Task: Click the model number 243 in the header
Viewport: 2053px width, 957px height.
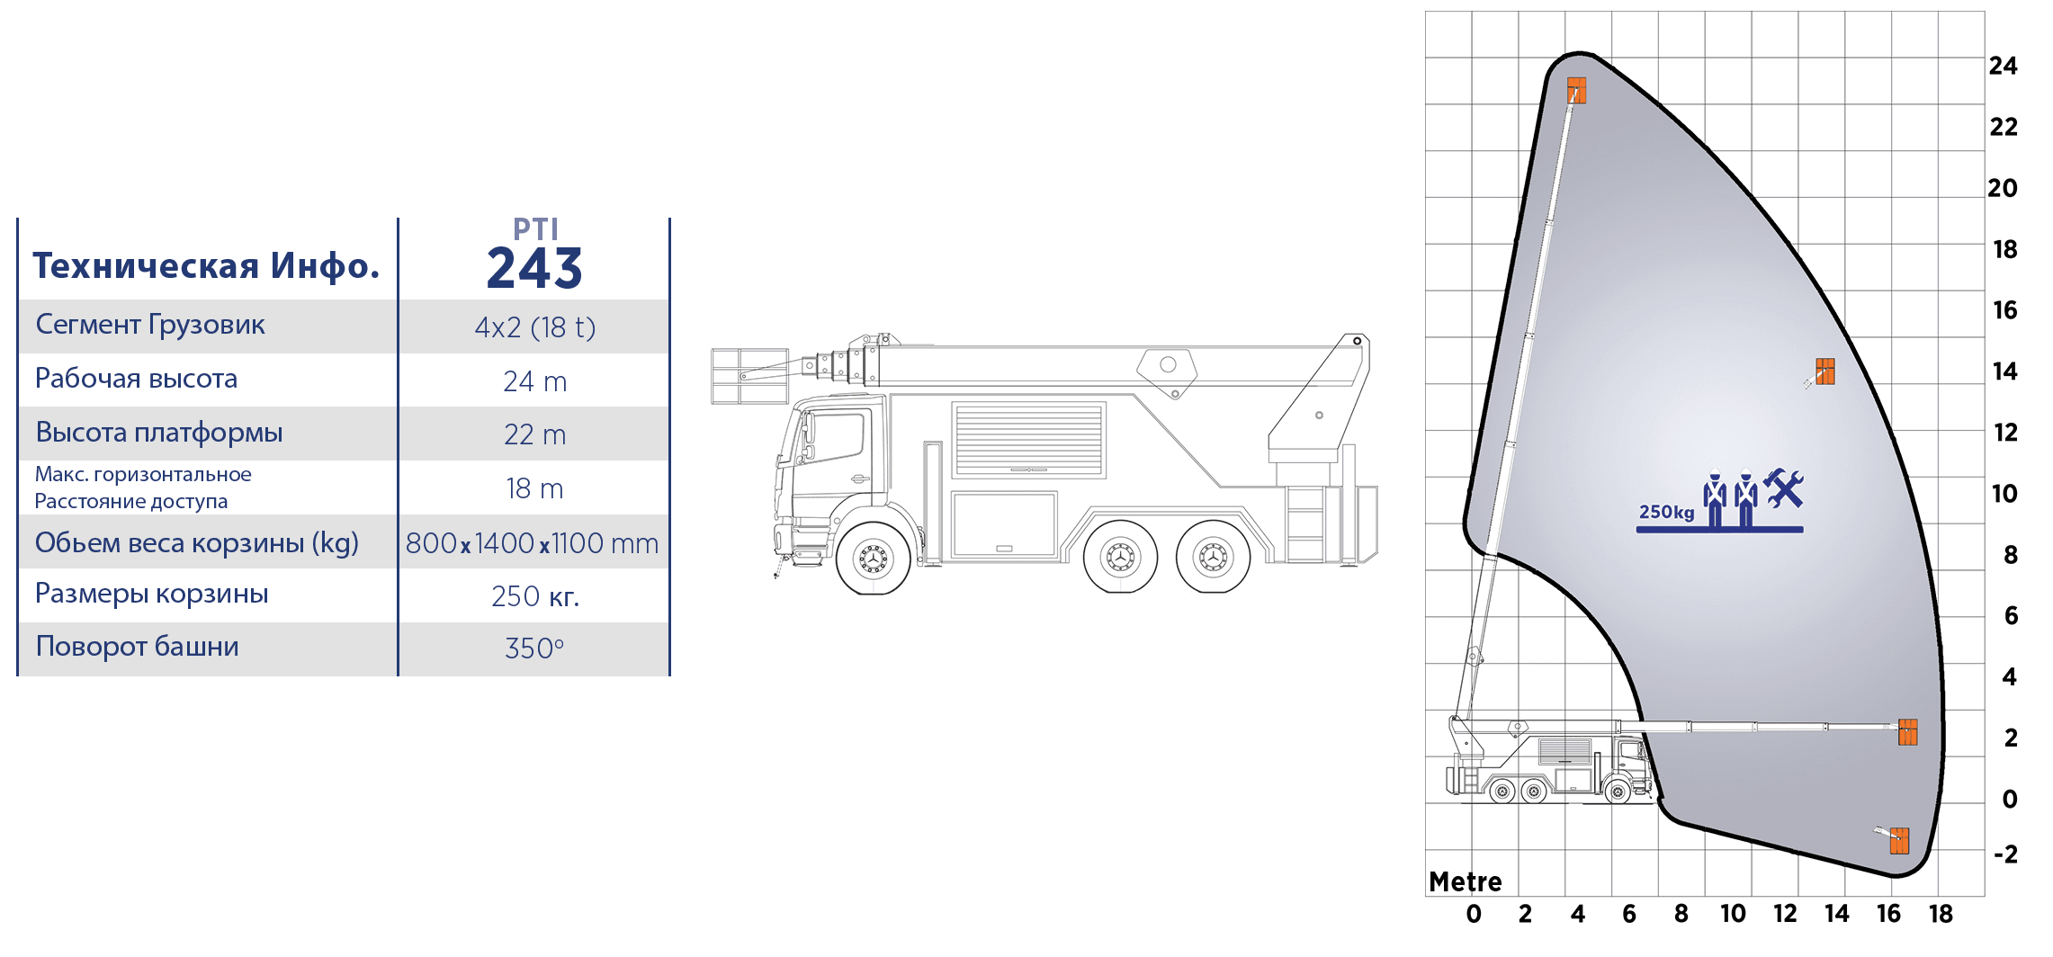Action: pos(534,268)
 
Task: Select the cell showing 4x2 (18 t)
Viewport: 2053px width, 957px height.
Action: pos(535,327)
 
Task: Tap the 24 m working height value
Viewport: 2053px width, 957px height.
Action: pos(535,381)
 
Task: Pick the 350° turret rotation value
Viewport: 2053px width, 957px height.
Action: pos(534,648)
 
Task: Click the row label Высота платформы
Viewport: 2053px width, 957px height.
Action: pos(159,433)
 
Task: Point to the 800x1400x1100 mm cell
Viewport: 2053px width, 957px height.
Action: pos(532,543)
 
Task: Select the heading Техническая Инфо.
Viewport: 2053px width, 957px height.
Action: pos(206,266)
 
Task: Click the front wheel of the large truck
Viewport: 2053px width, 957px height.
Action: pos(873,559)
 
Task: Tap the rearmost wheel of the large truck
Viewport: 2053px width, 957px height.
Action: pos(1213,558)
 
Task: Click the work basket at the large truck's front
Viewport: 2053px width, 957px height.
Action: pos(749,376)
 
